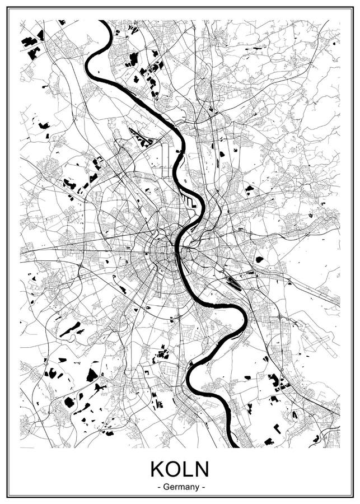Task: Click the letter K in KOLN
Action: [157, 469]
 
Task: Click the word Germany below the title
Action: [181, 487]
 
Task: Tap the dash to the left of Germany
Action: [160, 487]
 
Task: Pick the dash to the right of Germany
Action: [203, 487]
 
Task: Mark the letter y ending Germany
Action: [197, 488]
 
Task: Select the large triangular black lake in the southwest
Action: [92, 375]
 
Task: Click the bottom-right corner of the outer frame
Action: [353, 497]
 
